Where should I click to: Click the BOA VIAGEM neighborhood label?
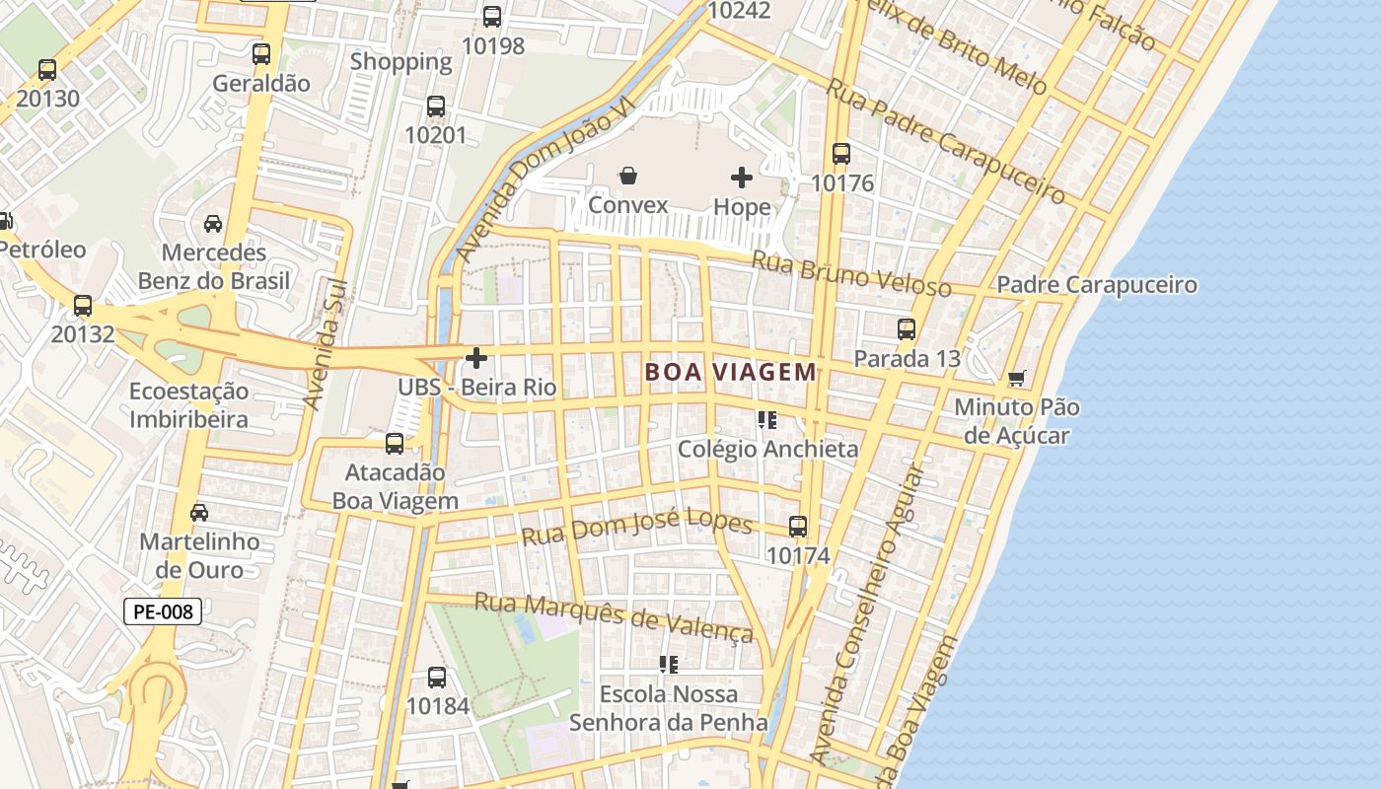point(730,372)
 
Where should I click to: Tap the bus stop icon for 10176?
point(840,154)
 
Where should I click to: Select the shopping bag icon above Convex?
point(628,177)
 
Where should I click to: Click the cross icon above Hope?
point(742,178)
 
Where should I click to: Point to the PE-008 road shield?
point(163,611)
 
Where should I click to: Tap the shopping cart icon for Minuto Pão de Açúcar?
point(1017,379)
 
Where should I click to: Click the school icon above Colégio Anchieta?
point(767,420)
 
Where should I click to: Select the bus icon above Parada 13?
point(906,329)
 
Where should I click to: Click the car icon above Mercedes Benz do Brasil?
point(213,224)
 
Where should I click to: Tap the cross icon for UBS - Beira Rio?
point(476,358)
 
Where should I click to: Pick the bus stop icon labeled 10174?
point(798,527)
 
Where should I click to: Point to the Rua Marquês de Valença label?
point(614,616)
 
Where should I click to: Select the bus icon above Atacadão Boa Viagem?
point(395,444)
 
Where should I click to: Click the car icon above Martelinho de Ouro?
point(199,513)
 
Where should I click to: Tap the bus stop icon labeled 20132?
point(83,306)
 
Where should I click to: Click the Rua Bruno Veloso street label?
point(850,275)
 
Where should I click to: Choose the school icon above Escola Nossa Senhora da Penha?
point(669,665)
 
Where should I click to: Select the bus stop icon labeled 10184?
point(437,678)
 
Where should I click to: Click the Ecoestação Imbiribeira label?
point(189,405)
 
